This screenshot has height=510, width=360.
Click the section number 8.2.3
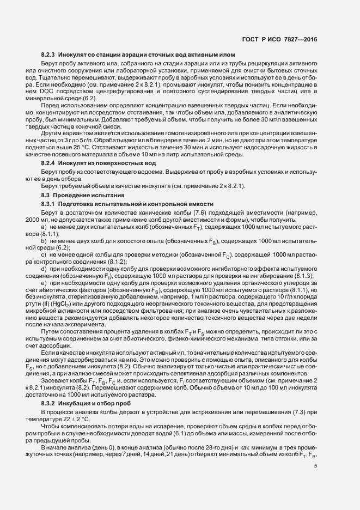coord(48,55)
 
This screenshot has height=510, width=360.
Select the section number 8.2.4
coord(48,163)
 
